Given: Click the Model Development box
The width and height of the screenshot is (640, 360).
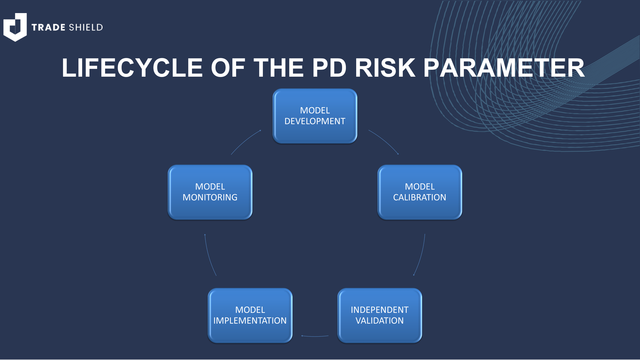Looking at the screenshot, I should [315, 116].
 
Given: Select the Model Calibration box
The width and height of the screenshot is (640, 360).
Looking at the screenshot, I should [420, 192].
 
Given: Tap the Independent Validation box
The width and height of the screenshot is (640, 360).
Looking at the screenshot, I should [379, 315].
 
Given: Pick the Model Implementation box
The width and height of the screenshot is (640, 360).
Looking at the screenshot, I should [250, 315].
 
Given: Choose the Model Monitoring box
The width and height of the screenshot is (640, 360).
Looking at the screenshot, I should [210, 192].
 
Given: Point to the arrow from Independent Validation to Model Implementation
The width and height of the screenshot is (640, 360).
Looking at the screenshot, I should [315, 336].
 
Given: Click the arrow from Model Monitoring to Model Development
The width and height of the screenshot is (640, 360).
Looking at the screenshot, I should [245, 141].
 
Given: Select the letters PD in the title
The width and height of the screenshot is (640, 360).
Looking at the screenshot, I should [329, 68].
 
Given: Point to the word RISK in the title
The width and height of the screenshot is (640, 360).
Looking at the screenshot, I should [385, 68].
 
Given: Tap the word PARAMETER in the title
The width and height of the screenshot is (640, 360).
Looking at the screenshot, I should [504, 68].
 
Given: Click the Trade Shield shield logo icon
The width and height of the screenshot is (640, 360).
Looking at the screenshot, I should [15, 27].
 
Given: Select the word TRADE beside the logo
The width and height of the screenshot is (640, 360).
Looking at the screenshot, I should [48, 27].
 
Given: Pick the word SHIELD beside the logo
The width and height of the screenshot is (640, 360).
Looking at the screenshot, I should [86, 27].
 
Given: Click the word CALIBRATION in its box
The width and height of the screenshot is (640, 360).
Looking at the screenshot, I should [420, 197].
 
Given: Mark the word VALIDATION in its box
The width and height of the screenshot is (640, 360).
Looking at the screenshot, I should [379, 321].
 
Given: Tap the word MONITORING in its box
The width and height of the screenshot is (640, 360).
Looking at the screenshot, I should [210, 197].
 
